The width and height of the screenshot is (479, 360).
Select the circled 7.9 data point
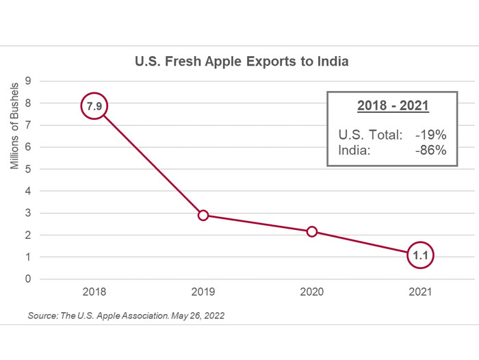[x=94, y=106]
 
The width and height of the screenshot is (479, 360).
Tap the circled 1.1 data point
[x=420, y=255]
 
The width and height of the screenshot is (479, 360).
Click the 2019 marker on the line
[x=203, y=216]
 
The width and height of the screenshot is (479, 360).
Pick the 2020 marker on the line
[x=312, y=231]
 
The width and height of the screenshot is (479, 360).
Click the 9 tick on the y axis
[x=28, y=81]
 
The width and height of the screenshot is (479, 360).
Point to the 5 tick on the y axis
[x=28, y=169]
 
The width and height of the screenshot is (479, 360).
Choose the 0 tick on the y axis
[x=28, y=279]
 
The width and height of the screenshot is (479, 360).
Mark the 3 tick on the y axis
[x=28, y=213]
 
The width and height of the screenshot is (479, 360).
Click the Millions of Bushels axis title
[x=14, y=127]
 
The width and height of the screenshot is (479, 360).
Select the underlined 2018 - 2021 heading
[x=393, y=106]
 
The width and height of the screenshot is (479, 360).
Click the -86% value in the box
[x=430, y=150]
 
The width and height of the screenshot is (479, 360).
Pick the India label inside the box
[x=354, y=150]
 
